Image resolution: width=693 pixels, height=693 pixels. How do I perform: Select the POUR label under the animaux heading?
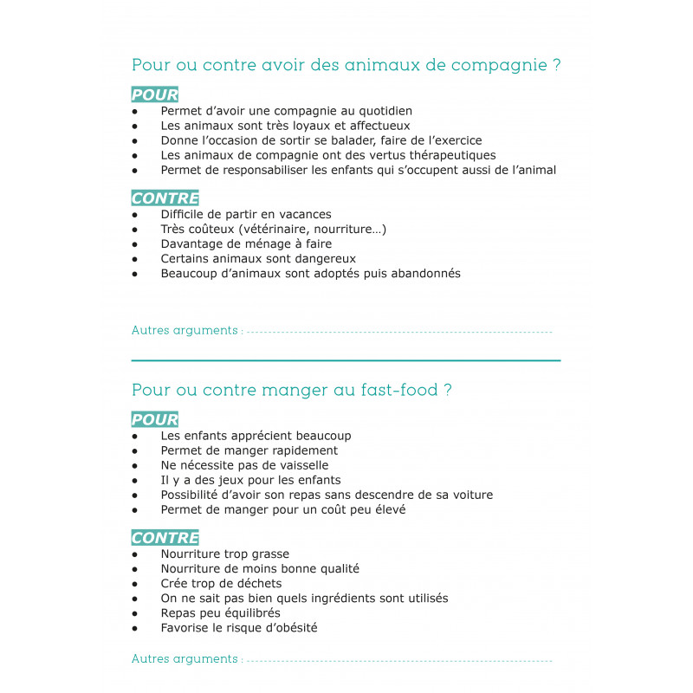[155, 94]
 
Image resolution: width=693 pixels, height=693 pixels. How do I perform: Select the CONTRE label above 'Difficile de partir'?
[165, 198]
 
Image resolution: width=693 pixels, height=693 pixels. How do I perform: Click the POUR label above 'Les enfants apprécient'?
[155, 420]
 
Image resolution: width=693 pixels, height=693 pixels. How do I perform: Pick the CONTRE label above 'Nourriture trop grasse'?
[165, 538]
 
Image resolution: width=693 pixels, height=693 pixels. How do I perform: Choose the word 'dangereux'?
[321, 258]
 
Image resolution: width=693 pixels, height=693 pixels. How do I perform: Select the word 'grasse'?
[267, 554]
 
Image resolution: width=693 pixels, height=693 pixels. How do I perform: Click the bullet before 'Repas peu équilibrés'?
[135, 613]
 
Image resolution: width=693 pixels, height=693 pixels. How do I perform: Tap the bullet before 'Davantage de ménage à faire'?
[135, 244]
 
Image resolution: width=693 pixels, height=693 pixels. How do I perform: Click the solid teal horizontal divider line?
[346, 359]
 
